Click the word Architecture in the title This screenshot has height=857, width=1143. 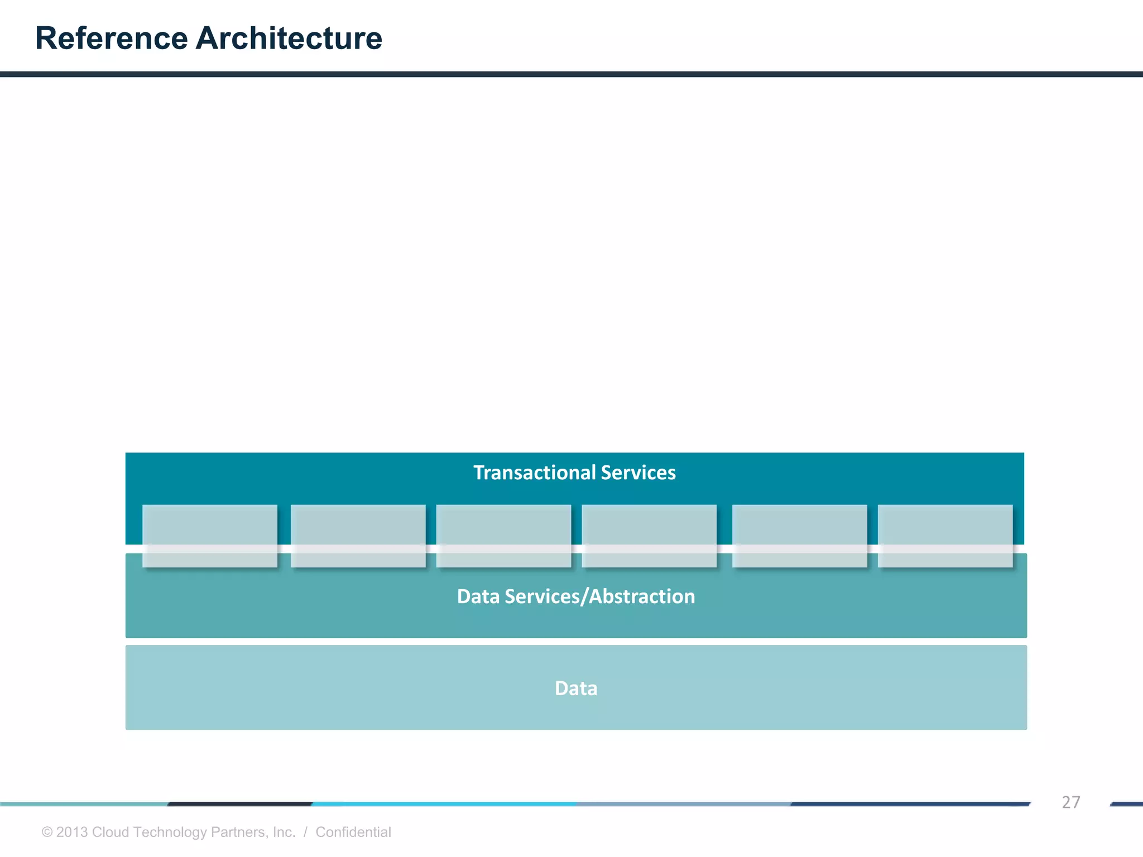[x=289, y=39]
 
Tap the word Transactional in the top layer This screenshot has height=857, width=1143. [x=535, y=473]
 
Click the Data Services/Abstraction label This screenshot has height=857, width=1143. [x=576, y=596]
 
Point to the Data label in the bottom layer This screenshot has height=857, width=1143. [x=576, y=689]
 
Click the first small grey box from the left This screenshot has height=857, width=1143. [x=210, y=536]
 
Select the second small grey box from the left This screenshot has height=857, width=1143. [x=358, y=536]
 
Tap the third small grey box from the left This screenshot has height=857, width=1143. [x=503, y=536]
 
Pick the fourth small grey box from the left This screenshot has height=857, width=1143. [x=649, y=536]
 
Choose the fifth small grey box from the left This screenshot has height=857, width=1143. [x=800, y=536]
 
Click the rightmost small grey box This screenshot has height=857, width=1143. [x=945, y=536]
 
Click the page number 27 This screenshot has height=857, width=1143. [x=1070, y=802]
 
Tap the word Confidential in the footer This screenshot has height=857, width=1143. [x=353, y=832]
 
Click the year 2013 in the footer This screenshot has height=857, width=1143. [x=72, y=832]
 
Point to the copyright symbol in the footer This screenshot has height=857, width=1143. [x=47, y=832]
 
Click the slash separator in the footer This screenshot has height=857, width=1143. [x=305, y=832]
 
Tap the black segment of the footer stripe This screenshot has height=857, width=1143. [x=240, y=804]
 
